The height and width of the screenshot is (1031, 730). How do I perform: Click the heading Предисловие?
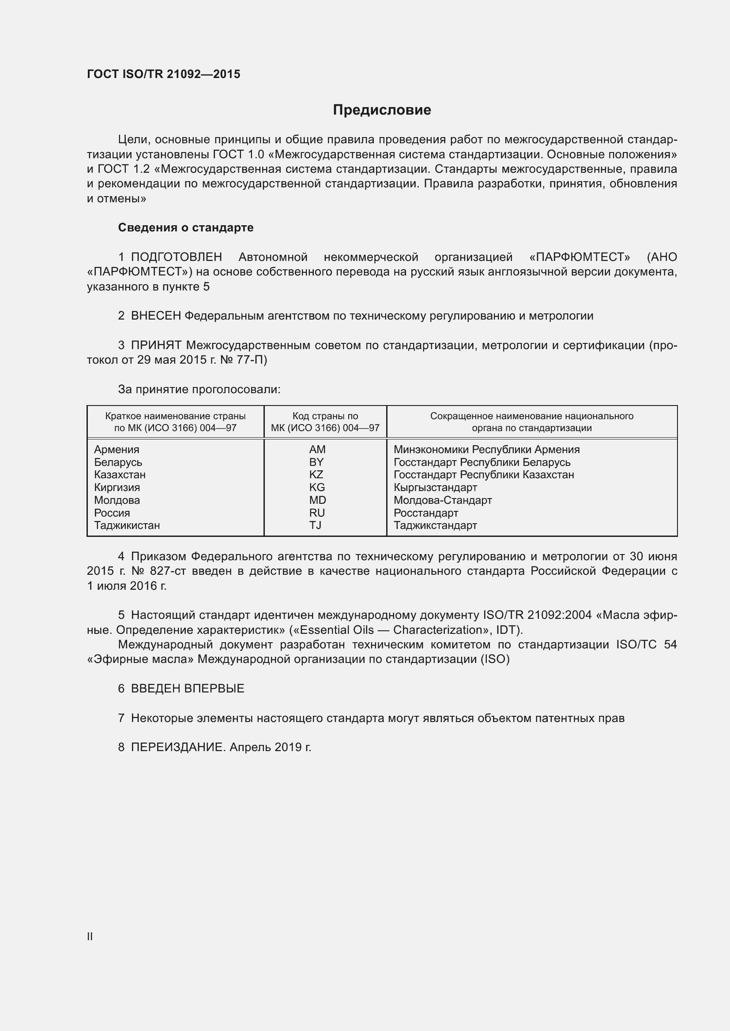(x=382, y=110)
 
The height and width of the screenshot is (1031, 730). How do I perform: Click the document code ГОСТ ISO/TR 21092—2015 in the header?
(x=164, y=74)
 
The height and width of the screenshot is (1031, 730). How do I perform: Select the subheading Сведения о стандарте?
(x=186, y=227)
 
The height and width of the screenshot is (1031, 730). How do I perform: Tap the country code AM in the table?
(x=317, y=450)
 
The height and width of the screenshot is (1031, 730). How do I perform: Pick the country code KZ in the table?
(x=316, y=475)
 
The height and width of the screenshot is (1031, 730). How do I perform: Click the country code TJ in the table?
(x=315, y=525)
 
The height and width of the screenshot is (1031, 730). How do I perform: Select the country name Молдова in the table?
(x=117, y=500)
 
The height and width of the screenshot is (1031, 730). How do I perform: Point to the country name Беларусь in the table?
(x=118, y=462)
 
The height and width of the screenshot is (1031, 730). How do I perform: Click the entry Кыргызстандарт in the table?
(x=435, y=487)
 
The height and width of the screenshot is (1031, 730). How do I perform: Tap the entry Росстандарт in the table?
(x=425, y=513)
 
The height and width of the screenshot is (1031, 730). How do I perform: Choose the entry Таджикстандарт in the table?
(x=435, y=525)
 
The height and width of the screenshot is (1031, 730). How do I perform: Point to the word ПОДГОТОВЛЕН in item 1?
(x=176, y=257)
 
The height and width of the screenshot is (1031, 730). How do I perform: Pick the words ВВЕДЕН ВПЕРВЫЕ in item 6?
(x=188, y=689)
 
